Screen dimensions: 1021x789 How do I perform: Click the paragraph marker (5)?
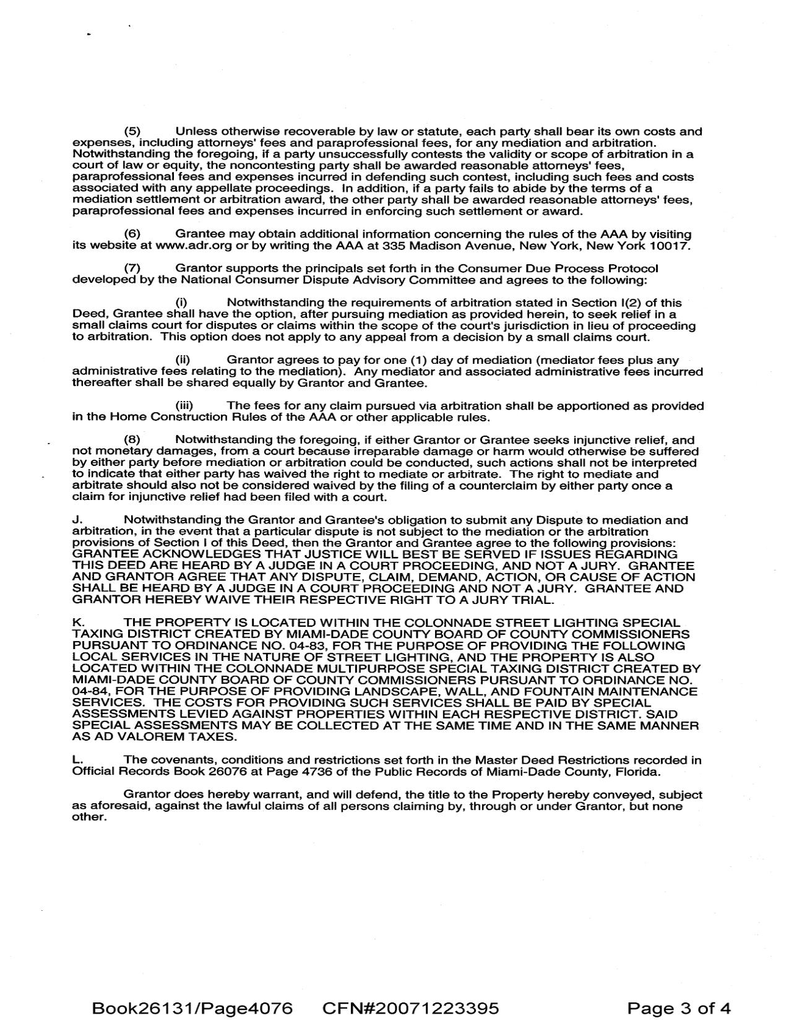tap(132, 131)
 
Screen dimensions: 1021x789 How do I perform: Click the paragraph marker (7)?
tap(132, 269)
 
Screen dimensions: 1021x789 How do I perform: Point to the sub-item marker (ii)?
tap(183, 360)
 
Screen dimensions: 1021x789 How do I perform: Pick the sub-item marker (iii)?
tap(185, 406)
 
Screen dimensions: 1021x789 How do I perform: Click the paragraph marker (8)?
tap(132, 440)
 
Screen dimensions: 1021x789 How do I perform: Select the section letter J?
tap(77, 520)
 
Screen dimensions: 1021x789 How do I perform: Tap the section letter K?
tap(77, 623)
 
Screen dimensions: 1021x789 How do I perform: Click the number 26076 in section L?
tap(188, 772)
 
